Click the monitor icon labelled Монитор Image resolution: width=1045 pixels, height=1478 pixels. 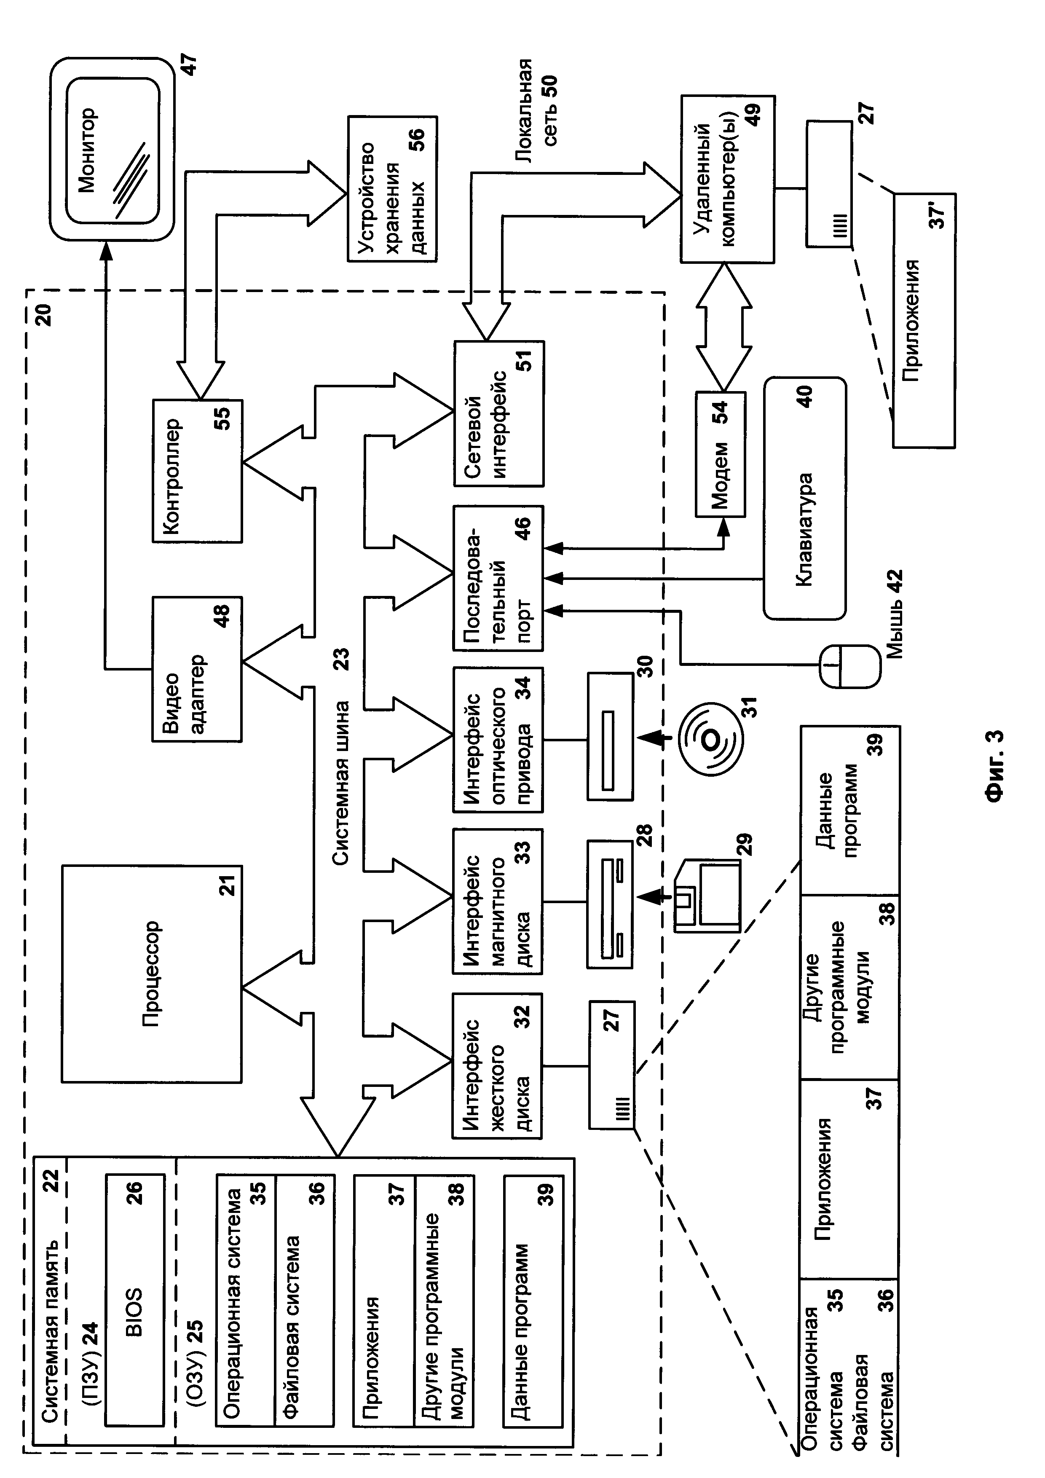pyautogui.click(x=112, y=149)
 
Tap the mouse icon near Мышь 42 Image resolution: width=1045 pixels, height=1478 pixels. pyautogui.click(x=849, y=667)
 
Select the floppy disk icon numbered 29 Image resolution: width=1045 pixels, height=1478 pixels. pyautogui.click(x=707, y=895)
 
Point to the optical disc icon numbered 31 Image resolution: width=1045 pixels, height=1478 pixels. pyautogui.click(x=710, y=741)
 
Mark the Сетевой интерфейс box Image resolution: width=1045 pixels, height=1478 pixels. pyautogui.click(x=498, y=413)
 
